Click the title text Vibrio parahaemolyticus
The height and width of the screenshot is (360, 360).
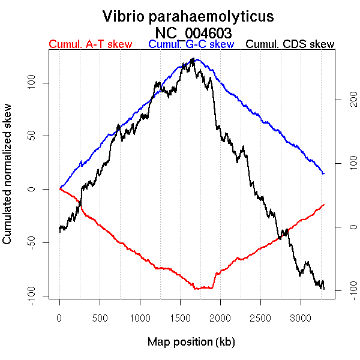click(x=188, y=16)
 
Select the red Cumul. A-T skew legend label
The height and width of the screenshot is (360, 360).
click(x=90, y=44)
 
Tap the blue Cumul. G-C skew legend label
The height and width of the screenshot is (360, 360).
click(x=191, y=44)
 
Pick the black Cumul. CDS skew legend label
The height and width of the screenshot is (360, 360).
click(x=290, y=44)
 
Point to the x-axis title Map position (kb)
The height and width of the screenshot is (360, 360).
click(x=191, y=342)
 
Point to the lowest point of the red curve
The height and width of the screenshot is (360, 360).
click(x=196, y=289)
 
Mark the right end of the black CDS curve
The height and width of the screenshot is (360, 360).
click(x=324, y=289)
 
